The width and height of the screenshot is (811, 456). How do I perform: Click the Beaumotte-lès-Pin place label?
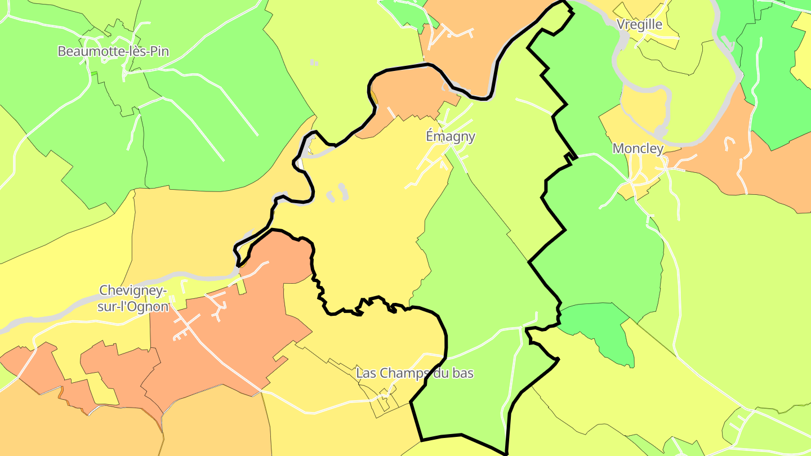[x=113, y=51]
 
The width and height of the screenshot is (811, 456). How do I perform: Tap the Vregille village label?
[x=639, y=24]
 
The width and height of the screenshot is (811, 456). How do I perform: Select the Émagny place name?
[x=450, y=136]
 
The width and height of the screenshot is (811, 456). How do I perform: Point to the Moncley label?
[x=638, y=149]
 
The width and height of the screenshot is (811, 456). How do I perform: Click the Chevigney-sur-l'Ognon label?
[x=133, y=298]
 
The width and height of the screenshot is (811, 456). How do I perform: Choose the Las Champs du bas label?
[x=415, y=373]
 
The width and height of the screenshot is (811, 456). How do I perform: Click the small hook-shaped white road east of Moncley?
[x=730, y=143]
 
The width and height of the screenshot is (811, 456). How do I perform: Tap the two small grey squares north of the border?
[x=314, y=62]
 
